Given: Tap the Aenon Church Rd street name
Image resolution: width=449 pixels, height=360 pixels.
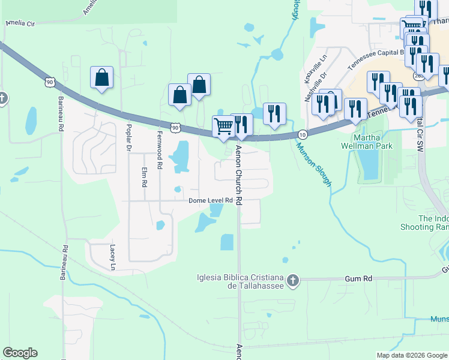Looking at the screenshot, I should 238,176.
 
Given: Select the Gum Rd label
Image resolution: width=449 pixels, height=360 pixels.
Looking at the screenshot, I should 359,279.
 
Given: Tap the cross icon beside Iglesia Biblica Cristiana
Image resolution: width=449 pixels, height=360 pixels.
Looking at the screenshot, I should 292,280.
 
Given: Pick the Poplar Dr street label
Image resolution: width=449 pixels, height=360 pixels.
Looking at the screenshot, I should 128,139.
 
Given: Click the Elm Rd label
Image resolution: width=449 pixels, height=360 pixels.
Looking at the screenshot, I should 144,178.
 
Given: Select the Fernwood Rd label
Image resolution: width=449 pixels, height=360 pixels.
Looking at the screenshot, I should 160,149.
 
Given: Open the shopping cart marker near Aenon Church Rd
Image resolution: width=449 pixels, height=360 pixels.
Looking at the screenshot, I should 223,127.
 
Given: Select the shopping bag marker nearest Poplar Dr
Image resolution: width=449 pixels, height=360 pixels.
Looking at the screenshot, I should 102,77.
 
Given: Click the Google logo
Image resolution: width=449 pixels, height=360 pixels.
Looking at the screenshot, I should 20,353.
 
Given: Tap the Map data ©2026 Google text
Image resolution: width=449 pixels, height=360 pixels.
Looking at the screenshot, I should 411,355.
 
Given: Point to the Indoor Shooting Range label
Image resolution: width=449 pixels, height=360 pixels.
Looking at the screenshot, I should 432,223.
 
